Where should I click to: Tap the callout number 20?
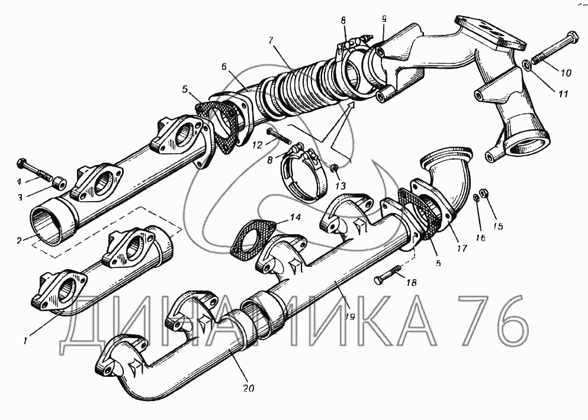[248, 388]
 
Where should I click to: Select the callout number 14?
[295, 217]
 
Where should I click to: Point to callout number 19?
[349, 316]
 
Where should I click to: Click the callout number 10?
[565, 73]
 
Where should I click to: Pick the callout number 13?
[340, 185]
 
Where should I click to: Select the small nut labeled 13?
[333, 168]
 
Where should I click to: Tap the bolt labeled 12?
[279, 137]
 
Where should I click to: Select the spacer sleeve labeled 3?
[59, 184]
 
